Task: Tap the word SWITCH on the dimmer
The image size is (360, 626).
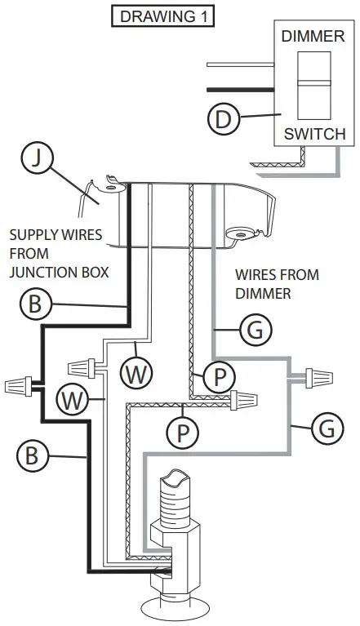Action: [x=313, y=134]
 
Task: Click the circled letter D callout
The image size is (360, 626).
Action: [x=223, y=119]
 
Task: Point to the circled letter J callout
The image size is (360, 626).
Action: [x=33, y=159]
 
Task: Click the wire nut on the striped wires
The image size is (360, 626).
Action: [x=244, y=399]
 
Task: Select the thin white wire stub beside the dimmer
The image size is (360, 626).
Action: [x=237, y=64]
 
